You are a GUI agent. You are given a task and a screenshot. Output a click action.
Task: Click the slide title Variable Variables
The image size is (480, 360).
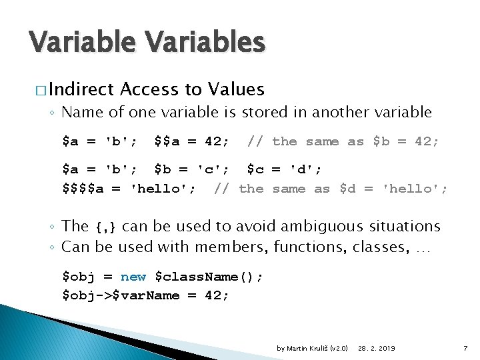pyautogui.click(x=147, y=43)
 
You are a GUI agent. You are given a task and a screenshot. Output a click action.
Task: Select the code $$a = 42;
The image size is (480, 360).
pyautogui.click(x=191, y=141)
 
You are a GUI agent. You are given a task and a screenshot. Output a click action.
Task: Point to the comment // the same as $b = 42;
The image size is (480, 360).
pyautogui.click(x=343, y=141)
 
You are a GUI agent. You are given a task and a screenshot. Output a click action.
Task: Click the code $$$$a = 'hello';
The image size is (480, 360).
pyautogui.click(x=129, y=189)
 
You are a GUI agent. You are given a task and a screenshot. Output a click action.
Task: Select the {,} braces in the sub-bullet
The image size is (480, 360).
pyautogui.click(x=108, y=228)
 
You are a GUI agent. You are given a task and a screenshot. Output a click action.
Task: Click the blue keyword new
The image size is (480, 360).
pyautogui.click(x=133, y=277)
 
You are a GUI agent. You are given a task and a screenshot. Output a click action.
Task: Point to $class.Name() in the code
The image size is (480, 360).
pyautogui.click(x=209, y=277)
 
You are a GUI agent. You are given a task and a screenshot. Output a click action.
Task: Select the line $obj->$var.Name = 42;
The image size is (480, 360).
pyautogui.click(x=145, y=295)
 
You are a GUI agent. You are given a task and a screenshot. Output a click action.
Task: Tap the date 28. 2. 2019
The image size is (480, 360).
pyautogui.click(x=377, y=349)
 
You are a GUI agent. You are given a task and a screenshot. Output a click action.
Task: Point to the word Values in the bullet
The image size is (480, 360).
pyautogui.click(x=236, y=89)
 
